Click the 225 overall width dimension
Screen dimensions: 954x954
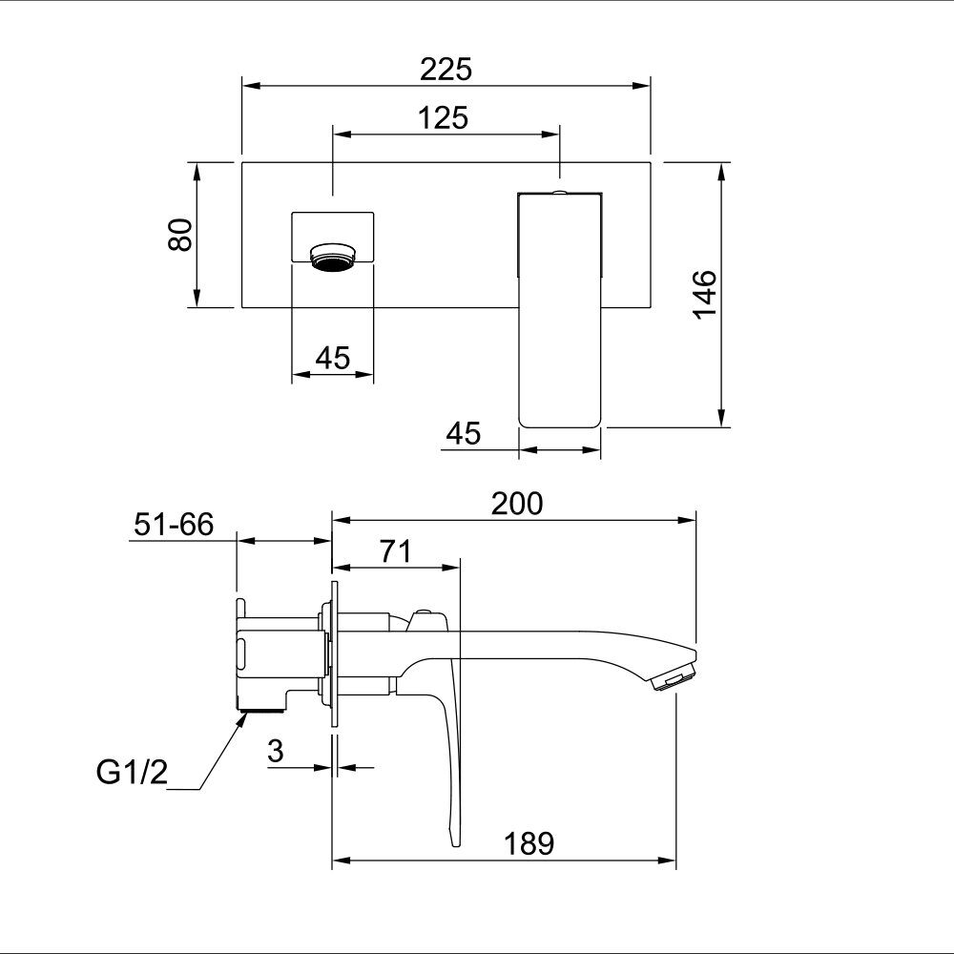[x=446, y=70]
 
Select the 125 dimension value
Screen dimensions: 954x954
[x=443, y=118]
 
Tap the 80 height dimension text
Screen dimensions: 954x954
[x=180, y=235]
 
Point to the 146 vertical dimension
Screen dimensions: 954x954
[x=705, y=294]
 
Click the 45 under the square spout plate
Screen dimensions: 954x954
[x=333, y=358]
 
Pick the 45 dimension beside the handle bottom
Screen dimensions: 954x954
[x=463, y=434]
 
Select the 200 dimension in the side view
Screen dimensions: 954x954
[x=516, y=504]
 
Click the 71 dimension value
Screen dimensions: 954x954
[x=396, y=551]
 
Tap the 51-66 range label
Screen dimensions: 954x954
[x=174, y=525]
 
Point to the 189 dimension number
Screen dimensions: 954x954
[x=529, y=844]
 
